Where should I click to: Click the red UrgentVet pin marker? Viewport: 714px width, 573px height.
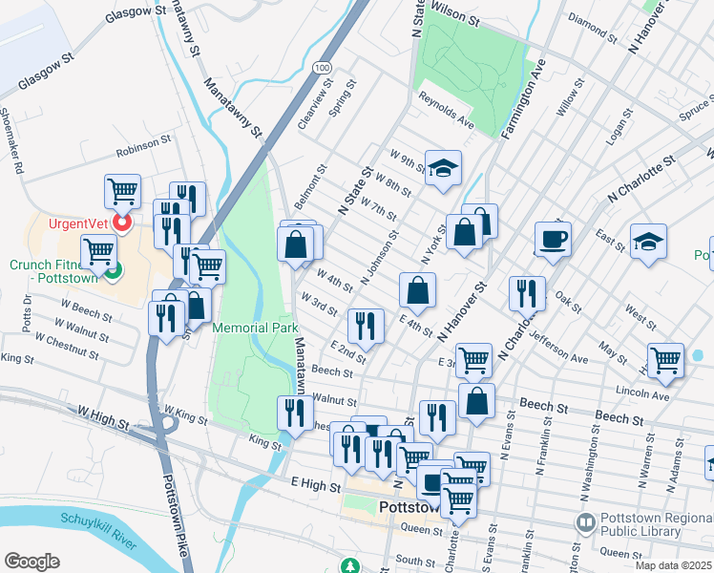pos(122,223)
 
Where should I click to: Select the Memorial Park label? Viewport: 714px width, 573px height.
pos(255,328)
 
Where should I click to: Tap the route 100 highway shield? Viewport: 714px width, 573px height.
pos(324,67)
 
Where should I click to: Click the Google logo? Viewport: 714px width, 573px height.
pos(31,561)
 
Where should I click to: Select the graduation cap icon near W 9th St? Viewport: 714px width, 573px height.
pos(443,170)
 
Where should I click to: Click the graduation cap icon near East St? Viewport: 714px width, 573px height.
pos(648,243)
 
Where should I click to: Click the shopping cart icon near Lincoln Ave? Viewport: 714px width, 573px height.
pos(665,361)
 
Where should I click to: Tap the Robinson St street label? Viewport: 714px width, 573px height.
pos(143,153)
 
